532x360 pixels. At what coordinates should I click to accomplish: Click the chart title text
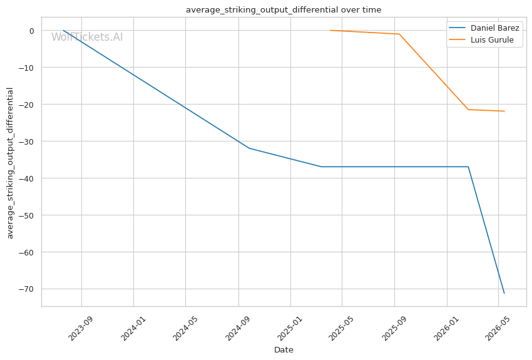[284, 10]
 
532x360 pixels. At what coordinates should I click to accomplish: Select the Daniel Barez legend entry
[484, 28]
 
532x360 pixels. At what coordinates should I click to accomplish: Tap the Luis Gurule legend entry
[481, 39]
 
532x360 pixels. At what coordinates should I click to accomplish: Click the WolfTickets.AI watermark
[87, 37]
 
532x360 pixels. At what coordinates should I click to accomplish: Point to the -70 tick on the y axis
[26, 289]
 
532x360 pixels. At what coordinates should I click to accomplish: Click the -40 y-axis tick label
[26, 178]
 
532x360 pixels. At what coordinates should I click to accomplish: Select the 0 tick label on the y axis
[32, 31]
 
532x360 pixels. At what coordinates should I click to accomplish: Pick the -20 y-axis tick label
[26, 105]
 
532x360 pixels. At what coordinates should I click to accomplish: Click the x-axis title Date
[284, 350]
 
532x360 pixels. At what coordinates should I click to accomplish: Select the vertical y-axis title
[10, 163]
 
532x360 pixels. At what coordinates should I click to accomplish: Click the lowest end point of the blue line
[504, 293]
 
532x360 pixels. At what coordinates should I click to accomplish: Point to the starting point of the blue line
[63, 31]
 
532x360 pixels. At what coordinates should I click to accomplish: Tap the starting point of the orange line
[330, 31]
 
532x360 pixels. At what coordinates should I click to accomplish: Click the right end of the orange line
[504, 111]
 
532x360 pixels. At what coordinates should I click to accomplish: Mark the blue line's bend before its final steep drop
[468, 167]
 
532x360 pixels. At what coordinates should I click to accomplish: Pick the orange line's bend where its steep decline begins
[399, 34]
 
